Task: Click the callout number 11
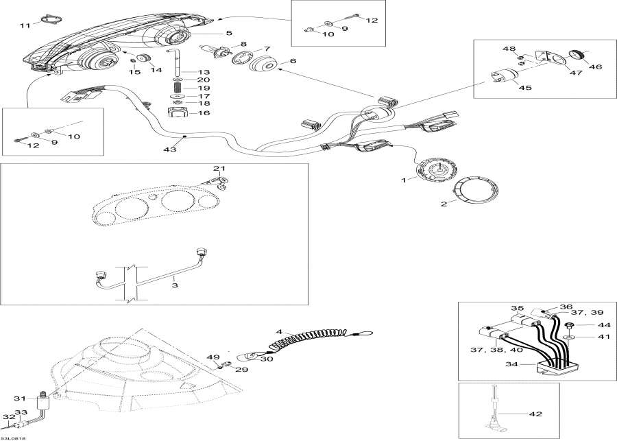[x=25, y=25]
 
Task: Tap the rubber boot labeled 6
[x=263, y=67]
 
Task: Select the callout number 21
[x=218, y=169]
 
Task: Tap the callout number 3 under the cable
[x=175, y=285]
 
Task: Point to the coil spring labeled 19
[x=178, y=88]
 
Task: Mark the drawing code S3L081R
[x=13, y=438]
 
